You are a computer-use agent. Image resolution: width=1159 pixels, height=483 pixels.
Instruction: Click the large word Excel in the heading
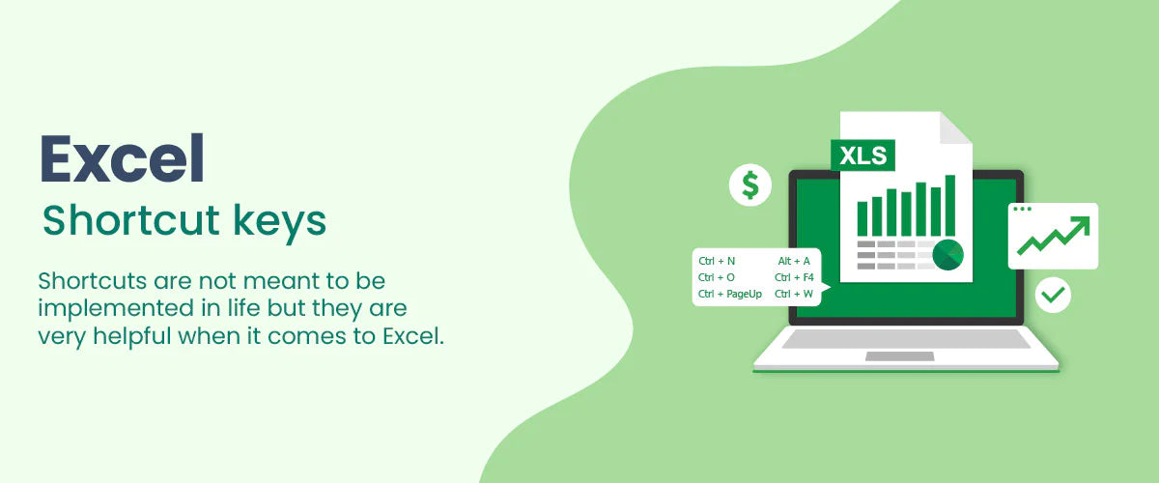click(122, 158)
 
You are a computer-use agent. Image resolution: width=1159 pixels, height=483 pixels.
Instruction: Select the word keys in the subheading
click(279, 221)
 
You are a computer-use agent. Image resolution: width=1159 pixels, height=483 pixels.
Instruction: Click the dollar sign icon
click(750, 185)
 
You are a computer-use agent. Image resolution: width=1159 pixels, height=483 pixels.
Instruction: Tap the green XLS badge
click(862, 156)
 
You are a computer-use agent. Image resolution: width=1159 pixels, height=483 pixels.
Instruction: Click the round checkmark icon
click(1053, 295)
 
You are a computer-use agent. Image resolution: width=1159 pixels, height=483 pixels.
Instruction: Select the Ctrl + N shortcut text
click(717, 261)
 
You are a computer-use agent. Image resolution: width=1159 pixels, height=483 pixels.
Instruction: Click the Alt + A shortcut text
click(794, 261)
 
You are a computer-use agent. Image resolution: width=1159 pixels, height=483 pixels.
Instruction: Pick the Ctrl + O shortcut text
click(716, 277)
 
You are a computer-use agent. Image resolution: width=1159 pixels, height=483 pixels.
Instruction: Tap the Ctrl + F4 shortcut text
click(794, 277)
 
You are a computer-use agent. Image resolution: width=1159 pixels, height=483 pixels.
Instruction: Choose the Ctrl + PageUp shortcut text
click(730, 294)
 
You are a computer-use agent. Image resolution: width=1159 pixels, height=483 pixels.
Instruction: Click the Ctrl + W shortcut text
click(794, 294)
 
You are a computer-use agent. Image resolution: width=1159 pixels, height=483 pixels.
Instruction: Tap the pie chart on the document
click(947, 255)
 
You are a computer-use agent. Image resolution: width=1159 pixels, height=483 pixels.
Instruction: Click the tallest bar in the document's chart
click(950, 206)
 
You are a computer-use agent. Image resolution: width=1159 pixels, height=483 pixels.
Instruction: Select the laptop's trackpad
click(900, 356)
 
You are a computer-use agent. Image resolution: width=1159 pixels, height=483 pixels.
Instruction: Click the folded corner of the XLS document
click(956, 128)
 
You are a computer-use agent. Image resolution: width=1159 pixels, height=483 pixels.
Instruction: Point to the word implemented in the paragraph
click(116, 308)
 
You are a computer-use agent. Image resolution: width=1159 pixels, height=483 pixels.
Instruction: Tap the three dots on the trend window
click(1023, 210)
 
